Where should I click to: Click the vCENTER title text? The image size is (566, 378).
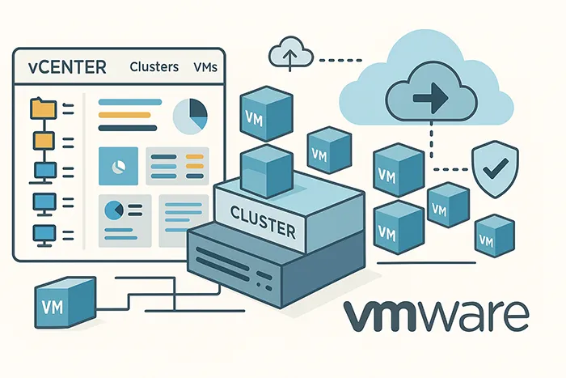click(x=65, y=66)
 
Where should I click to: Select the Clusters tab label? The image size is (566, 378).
click(x=154, y=66)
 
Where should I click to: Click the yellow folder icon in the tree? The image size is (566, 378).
click(x=39, y=107)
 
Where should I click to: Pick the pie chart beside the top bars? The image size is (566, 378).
click(x=191, y=116)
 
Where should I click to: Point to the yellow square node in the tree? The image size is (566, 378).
click(x=40, y=141)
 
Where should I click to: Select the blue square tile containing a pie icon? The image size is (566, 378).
click(x=116, y=165)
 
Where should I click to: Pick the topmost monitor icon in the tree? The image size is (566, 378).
click(x=40, y=171)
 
